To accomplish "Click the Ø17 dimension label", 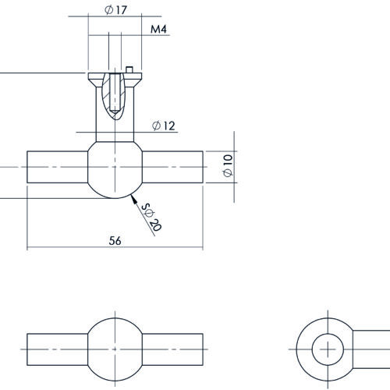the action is pos(115,10).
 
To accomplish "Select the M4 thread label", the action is pos(158,29).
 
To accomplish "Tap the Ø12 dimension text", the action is pos(164,126).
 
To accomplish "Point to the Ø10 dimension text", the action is pos(228,165).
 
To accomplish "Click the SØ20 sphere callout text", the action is pos(152,217).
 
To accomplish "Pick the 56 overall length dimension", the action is pos(115,241).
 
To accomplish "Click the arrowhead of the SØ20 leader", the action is pos(133,199).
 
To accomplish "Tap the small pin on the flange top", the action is pos(129,69).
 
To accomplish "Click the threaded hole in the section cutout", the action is pos(115,93).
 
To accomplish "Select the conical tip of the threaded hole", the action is pos(115,112).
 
